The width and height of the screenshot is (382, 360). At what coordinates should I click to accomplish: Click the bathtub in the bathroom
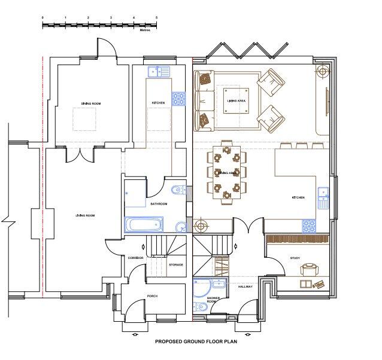click(144, 225)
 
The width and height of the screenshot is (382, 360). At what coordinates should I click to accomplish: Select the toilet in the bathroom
click(175, 191)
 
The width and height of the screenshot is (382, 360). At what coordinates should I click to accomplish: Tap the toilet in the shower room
click(202, 306)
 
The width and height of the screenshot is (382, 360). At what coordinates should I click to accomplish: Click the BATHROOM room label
click(159, 204)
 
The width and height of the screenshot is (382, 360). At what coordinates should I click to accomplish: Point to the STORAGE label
click(176, 264)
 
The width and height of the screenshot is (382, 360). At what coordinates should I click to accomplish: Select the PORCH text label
click(151, 295)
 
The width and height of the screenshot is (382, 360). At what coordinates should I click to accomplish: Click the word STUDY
click(294, 258)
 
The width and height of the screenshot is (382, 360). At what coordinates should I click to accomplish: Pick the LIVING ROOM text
click(85, 215)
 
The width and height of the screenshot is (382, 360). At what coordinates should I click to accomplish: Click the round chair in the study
click(309, 269)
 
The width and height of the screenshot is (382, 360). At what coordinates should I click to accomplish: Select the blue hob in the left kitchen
click(178, 99)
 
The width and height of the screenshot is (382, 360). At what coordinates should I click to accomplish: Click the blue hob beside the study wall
click(309, 227)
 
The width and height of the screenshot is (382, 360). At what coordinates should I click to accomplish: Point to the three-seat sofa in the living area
click(204, 100)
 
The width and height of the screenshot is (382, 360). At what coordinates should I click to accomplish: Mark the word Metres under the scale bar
click(145, 29)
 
